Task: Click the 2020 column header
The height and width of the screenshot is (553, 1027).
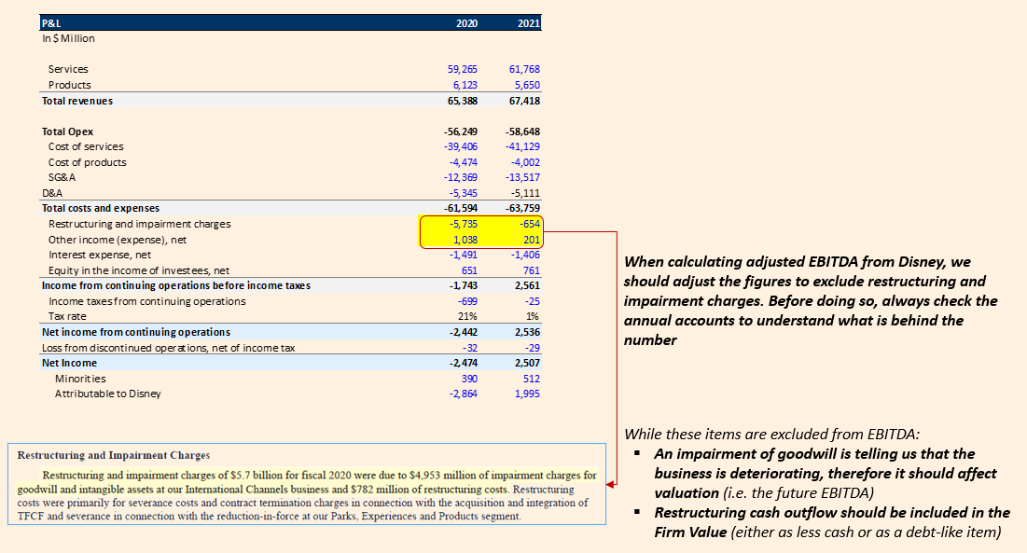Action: pyautogui.click(x=466, y=23)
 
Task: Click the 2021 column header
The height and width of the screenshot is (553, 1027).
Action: pyautogui.click(x=528, y=23)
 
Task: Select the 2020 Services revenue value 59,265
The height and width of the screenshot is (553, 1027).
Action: pyautogui.click(x=463, y=69)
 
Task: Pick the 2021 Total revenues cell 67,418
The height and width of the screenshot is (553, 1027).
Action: pyautogui.click(x=524, y=100)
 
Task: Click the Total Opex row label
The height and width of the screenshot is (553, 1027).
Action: pyautogui.click(x=68, y=131)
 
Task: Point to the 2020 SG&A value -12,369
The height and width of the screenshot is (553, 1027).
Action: pyautogui.click(x=461, y=177)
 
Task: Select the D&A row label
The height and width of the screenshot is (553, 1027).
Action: pyautogui.click(x=51, y=193)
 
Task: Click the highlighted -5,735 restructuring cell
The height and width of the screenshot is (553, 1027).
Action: pyautogui.click(x=463, y=224)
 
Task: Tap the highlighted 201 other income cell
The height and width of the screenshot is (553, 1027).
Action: pyautogui.click(x=531, y=240)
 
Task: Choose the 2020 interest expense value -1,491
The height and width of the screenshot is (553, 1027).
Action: pyautogui.click(x=463, y=255)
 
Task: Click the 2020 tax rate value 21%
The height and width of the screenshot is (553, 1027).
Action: pyautogui.click(x=469, y=316)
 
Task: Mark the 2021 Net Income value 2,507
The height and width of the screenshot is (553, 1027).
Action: pyautogui.click(x=525, y=363)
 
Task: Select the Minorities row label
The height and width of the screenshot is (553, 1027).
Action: pyautogui.click(x=80, y=379)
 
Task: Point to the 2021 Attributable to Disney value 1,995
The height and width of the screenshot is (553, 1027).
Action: pyautogui.click(x=525, y=394)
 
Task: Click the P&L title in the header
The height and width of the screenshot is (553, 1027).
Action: pyautogui.click(x=53, y=23)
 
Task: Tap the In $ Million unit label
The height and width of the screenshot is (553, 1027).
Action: pyautogui.click(x=68, y=38)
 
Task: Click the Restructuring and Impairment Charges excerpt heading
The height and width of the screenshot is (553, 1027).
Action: pyautogui.click(x=114, y=455)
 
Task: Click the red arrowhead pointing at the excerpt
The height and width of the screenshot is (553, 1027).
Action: pyautogui.click(x=611, y=485)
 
